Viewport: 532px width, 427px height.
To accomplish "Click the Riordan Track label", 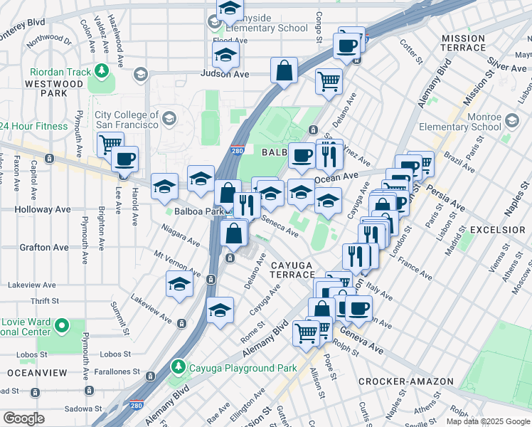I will pyautogui.click(x=60, y=72).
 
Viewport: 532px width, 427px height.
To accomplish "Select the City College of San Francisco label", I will pyautogui.click(x=127, y=120).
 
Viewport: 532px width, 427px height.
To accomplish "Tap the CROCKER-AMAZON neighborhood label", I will pyautogui.click(x=405, y=381).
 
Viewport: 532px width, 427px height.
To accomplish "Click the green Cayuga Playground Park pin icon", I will pyautogui.click(x=178, y=367).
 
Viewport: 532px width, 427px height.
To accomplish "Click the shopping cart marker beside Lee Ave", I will pyautogui.click(x=110, y=144).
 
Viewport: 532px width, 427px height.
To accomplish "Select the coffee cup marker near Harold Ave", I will pyautogui.click(x=125, y=159).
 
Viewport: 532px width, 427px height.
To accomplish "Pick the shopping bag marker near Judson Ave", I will pyautogui.click(x=284, y=70).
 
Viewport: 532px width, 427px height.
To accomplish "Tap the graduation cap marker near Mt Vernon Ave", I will pyautogui.click(x=179, y=283).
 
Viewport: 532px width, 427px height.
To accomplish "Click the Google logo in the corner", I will pyautogui.click(x=23, y=418).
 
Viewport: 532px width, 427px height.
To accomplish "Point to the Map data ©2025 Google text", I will pyautogui.click(x=488, y=421).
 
